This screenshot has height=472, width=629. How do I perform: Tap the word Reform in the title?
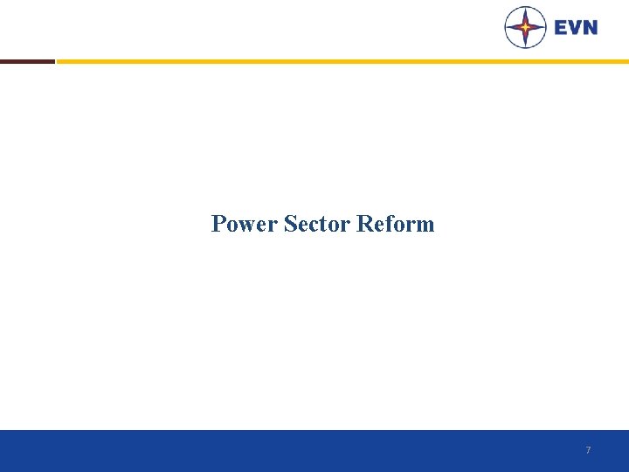tap(395, 225)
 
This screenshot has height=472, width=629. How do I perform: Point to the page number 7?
tap(588, 450)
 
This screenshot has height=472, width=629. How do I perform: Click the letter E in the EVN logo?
tap(561, 27)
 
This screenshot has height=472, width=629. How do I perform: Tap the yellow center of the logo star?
tap(525, 27)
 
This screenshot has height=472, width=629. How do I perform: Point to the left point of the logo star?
tap(508, 27)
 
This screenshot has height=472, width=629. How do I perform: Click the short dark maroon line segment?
tap(27, 61)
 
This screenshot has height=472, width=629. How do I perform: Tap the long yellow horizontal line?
tap(341, 61)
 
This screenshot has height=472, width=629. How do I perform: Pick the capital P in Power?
tap(218, 225)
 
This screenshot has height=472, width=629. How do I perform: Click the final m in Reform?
tap(425, 226)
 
